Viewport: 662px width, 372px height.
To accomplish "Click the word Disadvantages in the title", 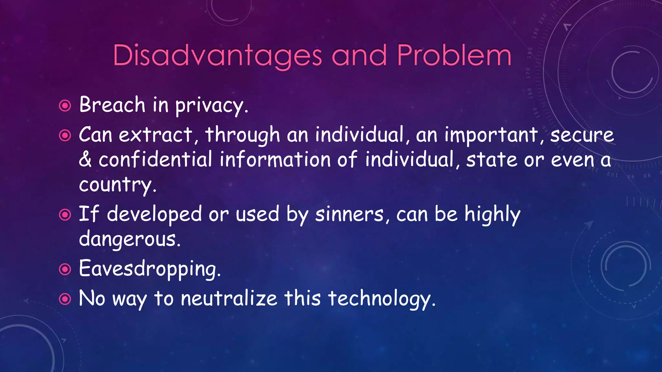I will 217,56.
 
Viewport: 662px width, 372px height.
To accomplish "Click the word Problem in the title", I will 454,56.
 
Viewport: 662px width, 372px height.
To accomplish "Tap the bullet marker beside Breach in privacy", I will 65,106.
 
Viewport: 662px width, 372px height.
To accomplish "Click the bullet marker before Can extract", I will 65,135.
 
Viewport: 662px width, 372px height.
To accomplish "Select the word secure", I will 582,135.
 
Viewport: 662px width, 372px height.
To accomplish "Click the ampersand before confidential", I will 85,160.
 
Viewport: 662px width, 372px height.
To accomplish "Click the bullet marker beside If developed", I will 65,215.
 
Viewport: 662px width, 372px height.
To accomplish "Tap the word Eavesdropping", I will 149,269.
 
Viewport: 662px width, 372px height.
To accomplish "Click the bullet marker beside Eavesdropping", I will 65,269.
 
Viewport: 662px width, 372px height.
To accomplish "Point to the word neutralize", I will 229,298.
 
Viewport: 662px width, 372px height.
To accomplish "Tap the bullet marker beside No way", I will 65,299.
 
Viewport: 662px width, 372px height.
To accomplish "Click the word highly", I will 492,214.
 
